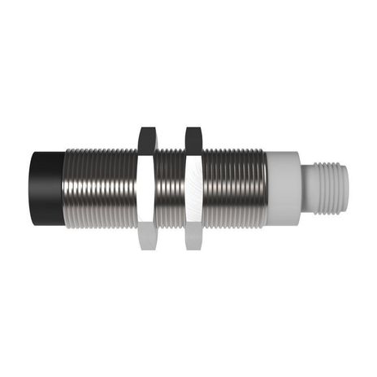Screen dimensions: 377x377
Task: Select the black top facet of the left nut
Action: (x=147, y=138)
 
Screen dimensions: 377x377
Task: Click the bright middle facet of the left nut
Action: (x=147, y=188)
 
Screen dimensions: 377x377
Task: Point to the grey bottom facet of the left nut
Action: (x=147, y=237)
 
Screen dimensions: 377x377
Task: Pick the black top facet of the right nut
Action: (x=193, y=138)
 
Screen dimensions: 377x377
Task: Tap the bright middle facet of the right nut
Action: (x=193, y=188)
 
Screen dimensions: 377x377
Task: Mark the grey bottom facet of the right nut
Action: (x=193, y=237)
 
